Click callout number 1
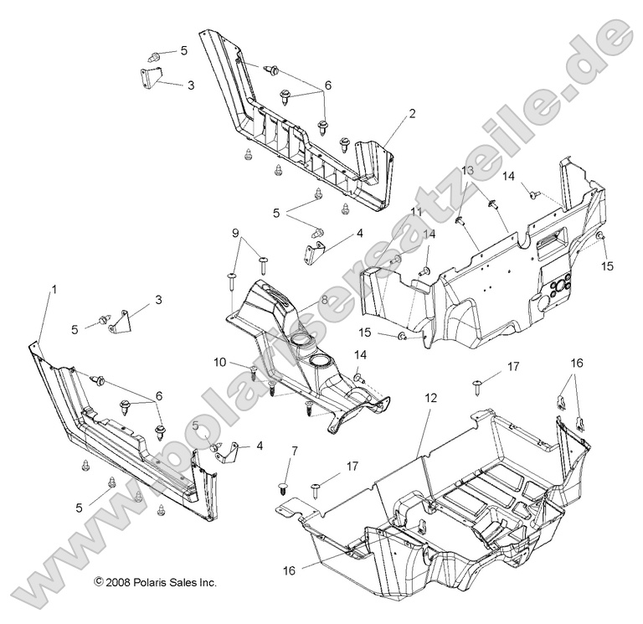54,289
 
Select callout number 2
412,112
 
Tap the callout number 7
294,451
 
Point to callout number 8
324,299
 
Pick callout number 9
235,232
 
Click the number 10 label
219,362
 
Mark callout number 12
430,400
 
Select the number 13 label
467,170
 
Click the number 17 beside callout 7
352,467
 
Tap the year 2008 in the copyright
116,581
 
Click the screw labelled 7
282,487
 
